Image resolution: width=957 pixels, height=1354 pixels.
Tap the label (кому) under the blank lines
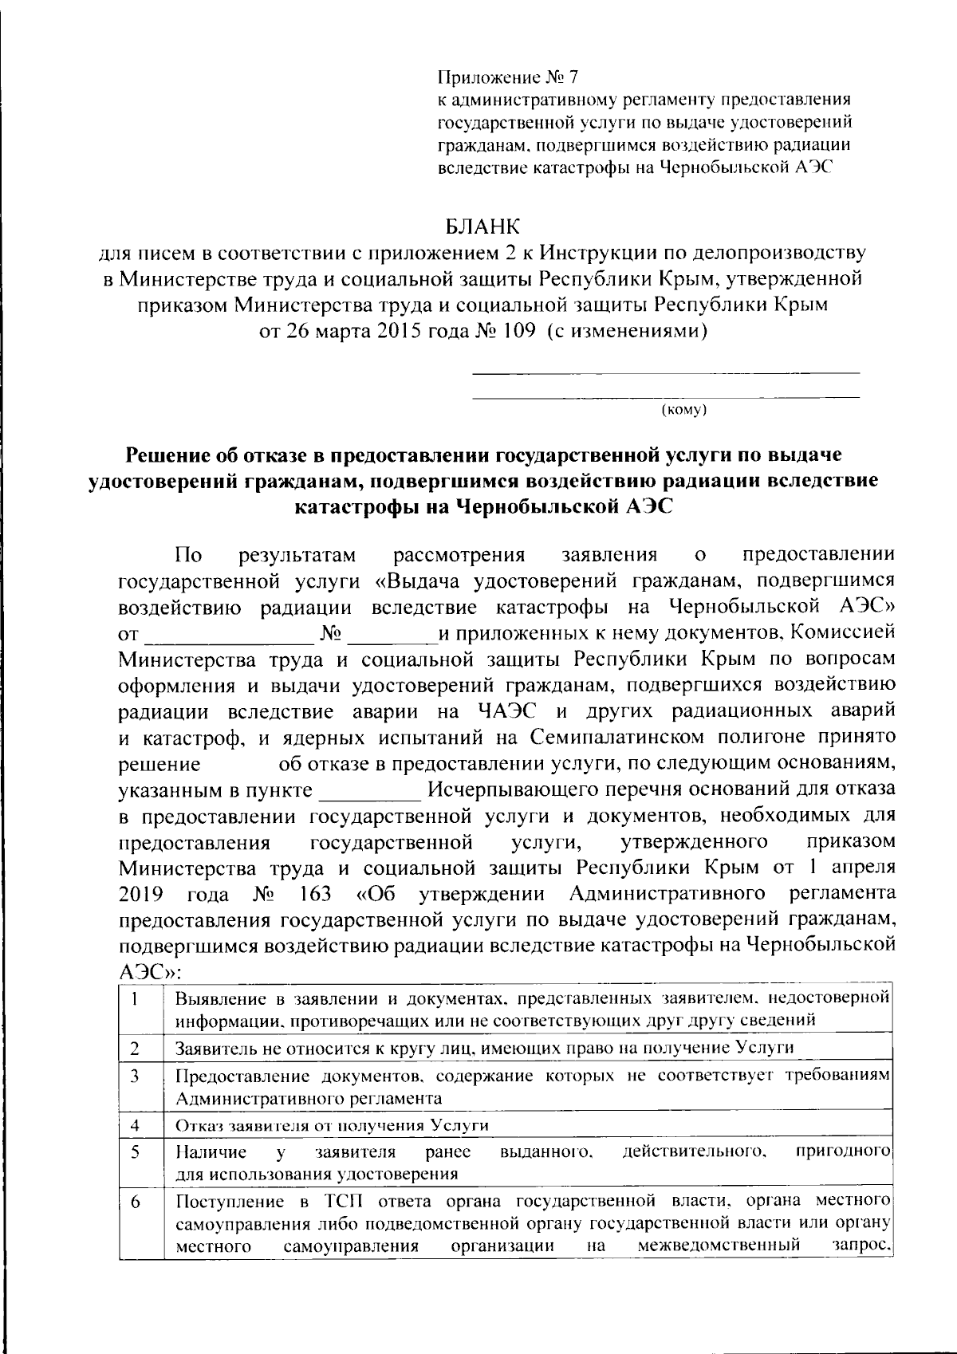pos(685,410)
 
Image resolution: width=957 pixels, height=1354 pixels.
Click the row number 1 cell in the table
pos(137,998)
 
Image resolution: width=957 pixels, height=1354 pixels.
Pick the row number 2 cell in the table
pos(136,1047)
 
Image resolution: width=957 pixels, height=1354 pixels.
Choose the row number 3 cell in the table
pos(136,1076)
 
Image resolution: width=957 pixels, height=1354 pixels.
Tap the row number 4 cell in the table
pos(136,1125)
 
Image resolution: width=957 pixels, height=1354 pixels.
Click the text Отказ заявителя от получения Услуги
pos(332,1125)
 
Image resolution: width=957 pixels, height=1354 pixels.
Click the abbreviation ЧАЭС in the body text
pos(507,710)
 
